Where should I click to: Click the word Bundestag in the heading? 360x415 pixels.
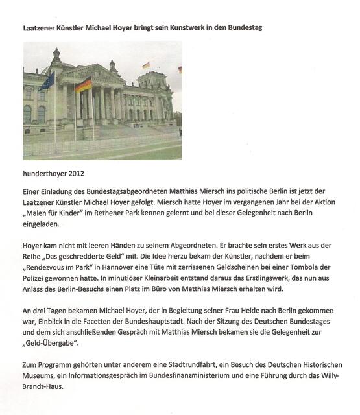[241, 29]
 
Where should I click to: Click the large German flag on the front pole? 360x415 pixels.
[83, 84]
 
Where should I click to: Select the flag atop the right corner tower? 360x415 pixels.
[147, 65]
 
